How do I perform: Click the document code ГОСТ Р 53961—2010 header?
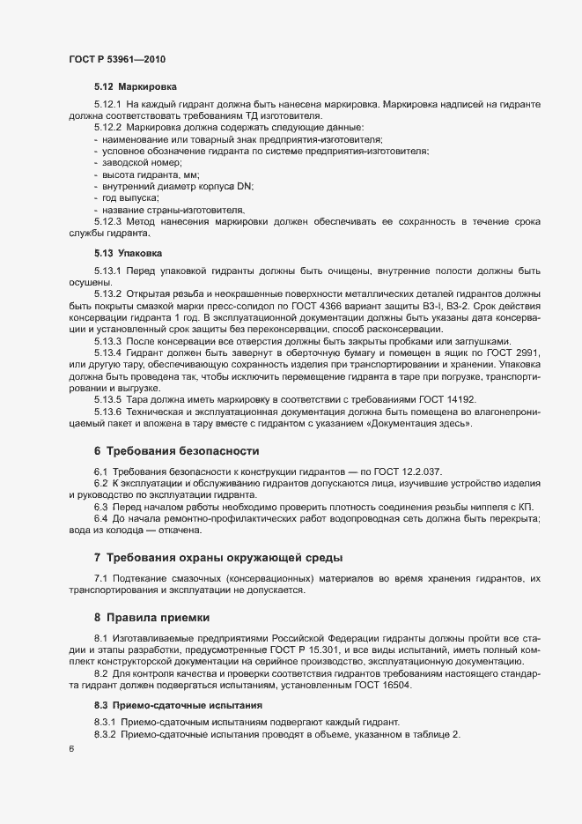click(116, 59)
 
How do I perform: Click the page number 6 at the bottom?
click(71, 749)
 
